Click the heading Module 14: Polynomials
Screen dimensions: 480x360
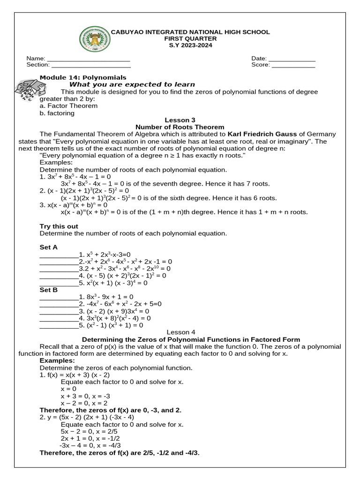coord(83,77)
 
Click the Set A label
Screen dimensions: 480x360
coord(49,247)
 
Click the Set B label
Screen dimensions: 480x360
coord(49,290)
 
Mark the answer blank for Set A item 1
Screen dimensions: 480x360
coord(59,255)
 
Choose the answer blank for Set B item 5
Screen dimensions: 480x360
coord(59,325)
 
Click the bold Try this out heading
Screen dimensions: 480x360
coord(59,226)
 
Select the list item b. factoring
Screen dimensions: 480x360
coord(57,113)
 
